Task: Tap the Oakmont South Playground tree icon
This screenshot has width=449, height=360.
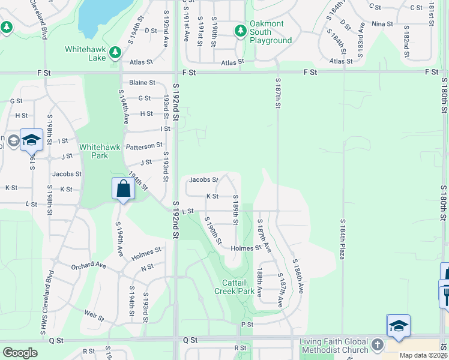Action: [x=240, y=30]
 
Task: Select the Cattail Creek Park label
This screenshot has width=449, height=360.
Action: [x=234, y=286]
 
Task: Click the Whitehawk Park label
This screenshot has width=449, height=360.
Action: [x=94, y=151]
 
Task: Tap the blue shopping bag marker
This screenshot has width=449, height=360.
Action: [x=122, y=188]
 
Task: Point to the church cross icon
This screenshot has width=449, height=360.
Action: [x=377, y=345]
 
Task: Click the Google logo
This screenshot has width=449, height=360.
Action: [x=20, y=353]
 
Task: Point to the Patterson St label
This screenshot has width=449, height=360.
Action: [x=144, y=145]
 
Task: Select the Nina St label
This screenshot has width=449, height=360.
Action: [x=382, y=24]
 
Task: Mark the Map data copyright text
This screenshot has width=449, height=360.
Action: [x=424, y=355]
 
